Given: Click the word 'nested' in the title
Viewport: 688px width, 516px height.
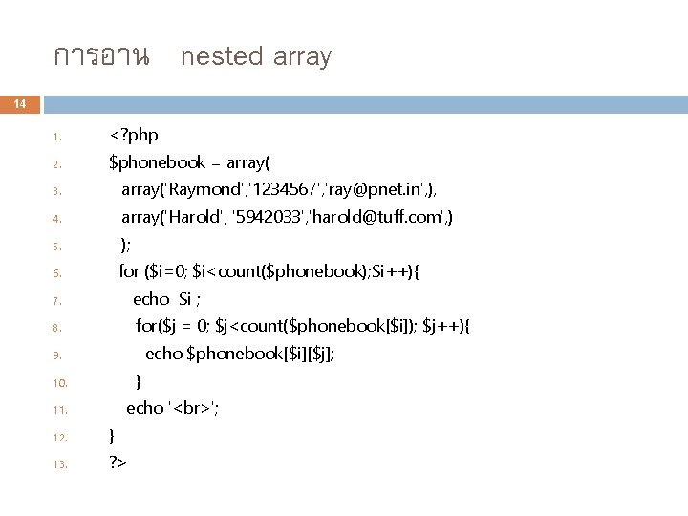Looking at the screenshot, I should coord(221,57).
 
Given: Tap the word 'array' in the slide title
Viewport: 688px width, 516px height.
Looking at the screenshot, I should coord(301,57).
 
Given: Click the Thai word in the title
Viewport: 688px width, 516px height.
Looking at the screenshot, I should coord(101,57).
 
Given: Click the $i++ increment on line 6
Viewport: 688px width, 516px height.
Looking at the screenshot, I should coord(390,271).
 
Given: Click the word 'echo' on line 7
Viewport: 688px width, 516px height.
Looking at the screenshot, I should coord(151,299).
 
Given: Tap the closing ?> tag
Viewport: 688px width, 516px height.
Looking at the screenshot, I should coord(118,462).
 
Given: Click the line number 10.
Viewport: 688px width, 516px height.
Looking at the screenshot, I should coord(58,382).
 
